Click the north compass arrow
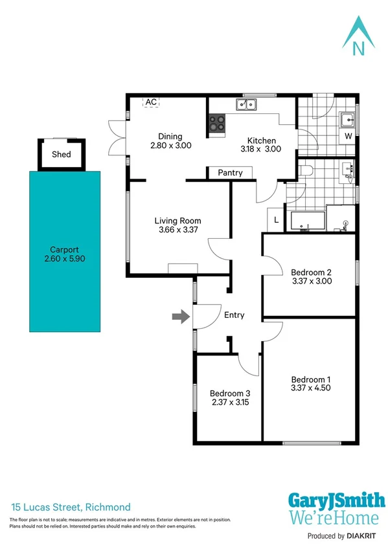[x=358, y=36]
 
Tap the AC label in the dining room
[x=151, y=102]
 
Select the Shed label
[x=62, y=154]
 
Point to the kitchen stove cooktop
[x=216, y=125]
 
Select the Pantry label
[x=230, y=173]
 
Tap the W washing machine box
[x=348, y=137]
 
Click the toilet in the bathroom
[x=306, y=171]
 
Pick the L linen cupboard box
[x=277, y=220]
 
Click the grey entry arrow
[x=179, y=316]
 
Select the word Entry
[x=234, y=315]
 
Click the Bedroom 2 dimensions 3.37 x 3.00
[x=311, y=281]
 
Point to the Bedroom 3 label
[x=230, y=393]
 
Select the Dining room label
[x=170, y=136]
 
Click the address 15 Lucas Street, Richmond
[x=71, y=507]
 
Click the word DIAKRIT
[x=365, y=536]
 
